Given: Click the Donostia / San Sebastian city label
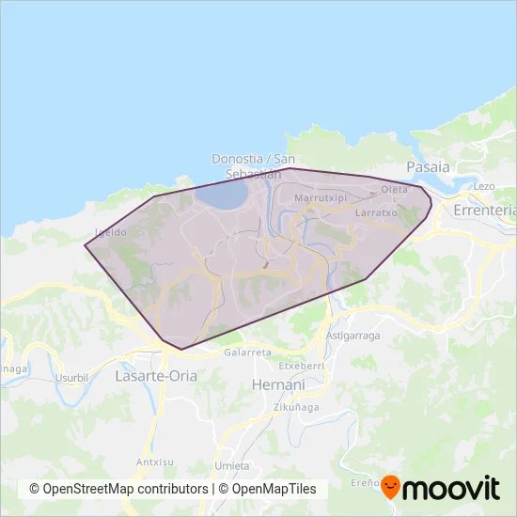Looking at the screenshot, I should pyautogui.click(x=247, y=165).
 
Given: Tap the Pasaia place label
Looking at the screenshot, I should pyautogui.click(x=428, y=166).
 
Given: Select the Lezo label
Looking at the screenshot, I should pyautogui.click(x=484, y=186).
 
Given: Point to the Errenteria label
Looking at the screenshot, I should pyautogui.click(x=485, y=211).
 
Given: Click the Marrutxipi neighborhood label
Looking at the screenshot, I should pyautogui.click(x=321, y=198).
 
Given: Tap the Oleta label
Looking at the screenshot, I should pyautogui.click(x=394, y=190).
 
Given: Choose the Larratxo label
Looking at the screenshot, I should pyautogui.click(x=378, y=213).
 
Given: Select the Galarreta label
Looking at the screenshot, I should pyautogui.click(x=248, y=352).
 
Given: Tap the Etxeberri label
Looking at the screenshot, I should pyautogui.click(x=302, y=365).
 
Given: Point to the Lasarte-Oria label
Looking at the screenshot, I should pyautogui.click(x=153, y=375).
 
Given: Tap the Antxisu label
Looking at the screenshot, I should pyautogui.click(x=153, y=462).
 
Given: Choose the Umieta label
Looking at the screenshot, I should pyautogui.click(x=231, y=465).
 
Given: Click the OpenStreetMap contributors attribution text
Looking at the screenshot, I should pyautogui.click(x=118, y=489).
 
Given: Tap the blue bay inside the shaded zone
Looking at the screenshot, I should pyautogui.click(x=222, y=196).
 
